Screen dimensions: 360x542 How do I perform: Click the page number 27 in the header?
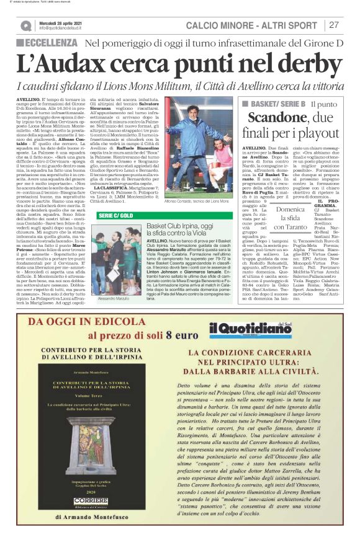point(334,25)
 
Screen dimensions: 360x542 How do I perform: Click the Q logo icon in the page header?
point(25,25)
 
